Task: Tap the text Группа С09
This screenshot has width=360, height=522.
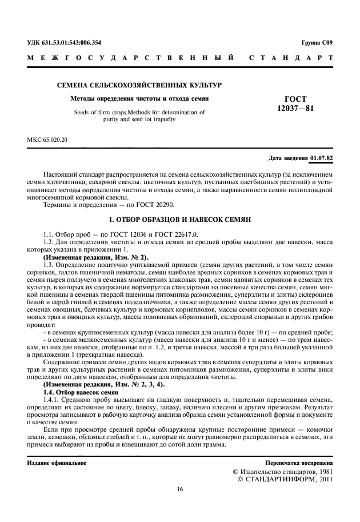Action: tap(317, 43)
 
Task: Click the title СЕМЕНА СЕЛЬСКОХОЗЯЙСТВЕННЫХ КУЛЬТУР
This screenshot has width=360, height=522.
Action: tap(135, 85)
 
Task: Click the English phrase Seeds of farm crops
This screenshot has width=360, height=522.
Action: tap(105, 113)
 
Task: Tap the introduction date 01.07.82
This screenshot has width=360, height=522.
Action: tap(322, 157)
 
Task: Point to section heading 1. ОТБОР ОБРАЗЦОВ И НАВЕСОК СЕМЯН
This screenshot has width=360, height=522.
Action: tap(180, 220)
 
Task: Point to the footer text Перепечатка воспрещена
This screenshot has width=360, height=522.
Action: tap(299, 463)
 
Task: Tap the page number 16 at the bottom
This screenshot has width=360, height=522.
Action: tap(180, 489)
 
